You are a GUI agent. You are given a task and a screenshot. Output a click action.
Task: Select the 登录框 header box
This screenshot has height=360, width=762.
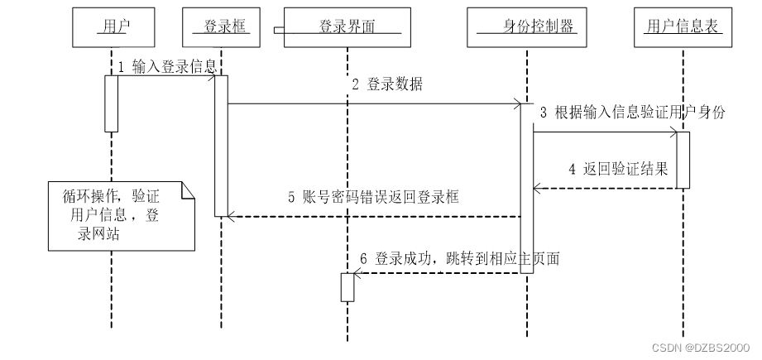[221, 26]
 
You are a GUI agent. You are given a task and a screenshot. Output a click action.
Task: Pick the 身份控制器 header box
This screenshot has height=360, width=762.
[527, 26]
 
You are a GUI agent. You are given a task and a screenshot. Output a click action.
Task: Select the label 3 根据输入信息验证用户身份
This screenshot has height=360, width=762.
[633, 113]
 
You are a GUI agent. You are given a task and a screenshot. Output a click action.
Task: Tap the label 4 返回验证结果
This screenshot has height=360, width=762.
[618, 170]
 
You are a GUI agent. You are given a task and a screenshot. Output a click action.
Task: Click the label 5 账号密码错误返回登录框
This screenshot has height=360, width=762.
[373, 198]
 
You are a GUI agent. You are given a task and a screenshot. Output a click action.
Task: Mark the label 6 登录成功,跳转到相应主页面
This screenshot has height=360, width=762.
[460, 258]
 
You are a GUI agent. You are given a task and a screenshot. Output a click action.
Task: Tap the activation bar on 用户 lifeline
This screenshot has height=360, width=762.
[111, 103]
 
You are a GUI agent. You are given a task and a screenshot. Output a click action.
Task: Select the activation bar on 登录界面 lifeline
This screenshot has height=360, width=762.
[347, 287]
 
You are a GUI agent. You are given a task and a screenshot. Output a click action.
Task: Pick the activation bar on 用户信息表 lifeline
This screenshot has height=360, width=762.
[683, 160]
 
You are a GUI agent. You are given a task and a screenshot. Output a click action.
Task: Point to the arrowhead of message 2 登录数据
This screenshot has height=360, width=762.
[515, 104]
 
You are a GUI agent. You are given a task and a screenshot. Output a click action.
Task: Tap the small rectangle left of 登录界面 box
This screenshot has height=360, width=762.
[279, 31]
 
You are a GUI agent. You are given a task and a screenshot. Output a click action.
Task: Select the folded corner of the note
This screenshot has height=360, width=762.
[188, 190]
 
